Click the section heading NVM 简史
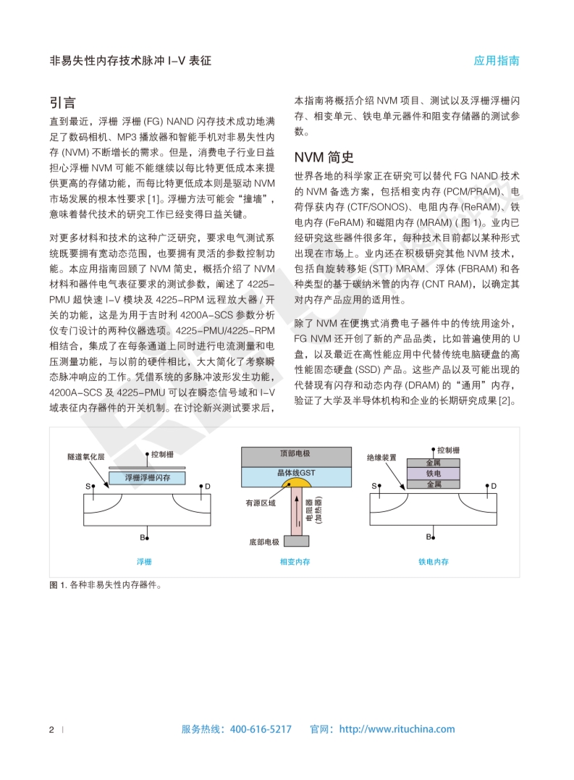[x=324, y=157]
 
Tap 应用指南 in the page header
[x=497, y=61]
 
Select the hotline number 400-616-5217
[x=261, y=729]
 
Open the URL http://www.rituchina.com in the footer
[x=397, y=729]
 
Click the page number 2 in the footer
[x=51, y=729]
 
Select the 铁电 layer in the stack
[x=433, y=473]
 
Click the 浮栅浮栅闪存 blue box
[x=148, y=478]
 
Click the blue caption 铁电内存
[x=433, y=561]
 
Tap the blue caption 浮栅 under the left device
[x=145, y=561]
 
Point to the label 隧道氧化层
[x=86, y=458]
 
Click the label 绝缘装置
[x=382, y=458]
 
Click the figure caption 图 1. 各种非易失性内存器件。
[x=106, y=585]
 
